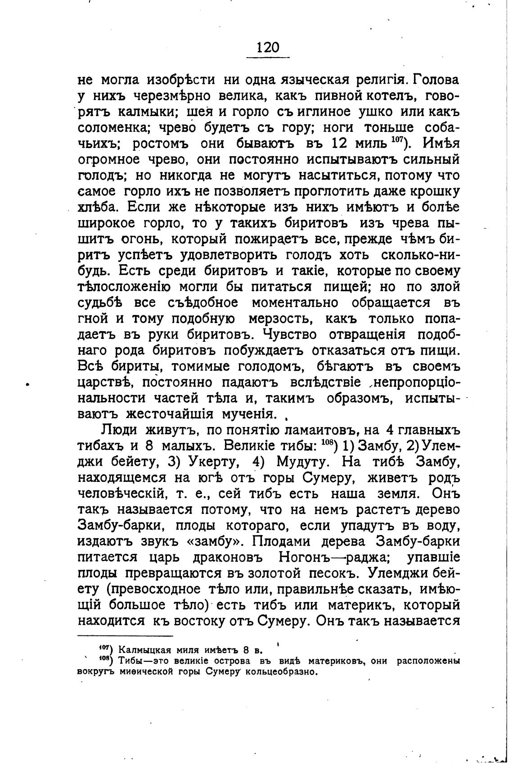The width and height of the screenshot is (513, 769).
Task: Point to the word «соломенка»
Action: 115,128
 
